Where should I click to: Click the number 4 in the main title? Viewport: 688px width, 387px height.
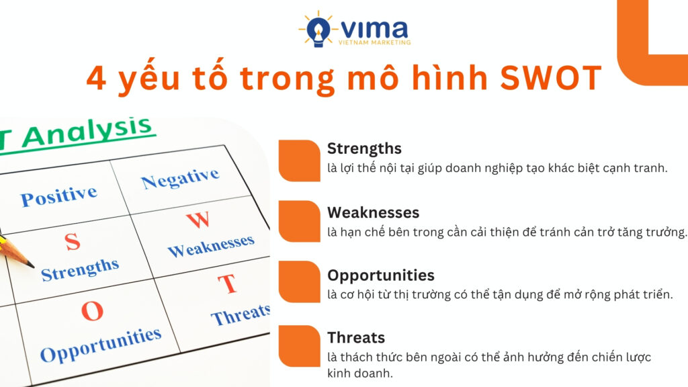click(97, 79)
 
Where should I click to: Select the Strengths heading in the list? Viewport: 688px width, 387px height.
click(364, 148)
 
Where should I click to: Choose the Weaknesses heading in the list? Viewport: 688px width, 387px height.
click(373, 212)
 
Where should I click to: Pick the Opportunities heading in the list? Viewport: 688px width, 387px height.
click(380, 275)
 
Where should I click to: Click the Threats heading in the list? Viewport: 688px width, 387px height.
click(356, 338)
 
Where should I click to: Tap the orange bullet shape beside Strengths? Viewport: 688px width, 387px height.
click(299, 161)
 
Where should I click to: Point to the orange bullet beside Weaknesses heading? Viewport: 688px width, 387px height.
click(299, 221)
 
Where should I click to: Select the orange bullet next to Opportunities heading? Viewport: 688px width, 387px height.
click(299, 282)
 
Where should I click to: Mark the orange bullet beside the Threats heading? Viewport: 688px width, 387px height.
click(299, 346)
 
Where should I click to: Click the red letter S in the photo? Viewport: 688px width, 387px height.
click(73, 242)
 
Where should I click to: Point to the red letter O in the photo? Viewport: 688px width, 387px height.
click(92, 311)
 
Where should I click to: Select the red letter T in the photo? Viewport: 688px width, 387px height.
click(228, 284)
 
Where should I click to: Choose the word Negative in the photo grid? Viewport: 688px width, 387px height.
click(180, 178)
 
